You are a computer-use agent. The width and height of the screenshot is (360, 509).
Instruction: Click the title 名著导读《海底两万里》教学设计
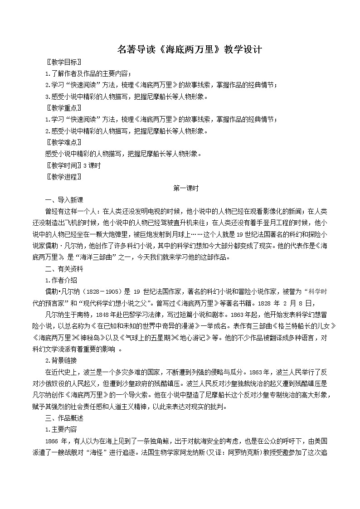point(180,49)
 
